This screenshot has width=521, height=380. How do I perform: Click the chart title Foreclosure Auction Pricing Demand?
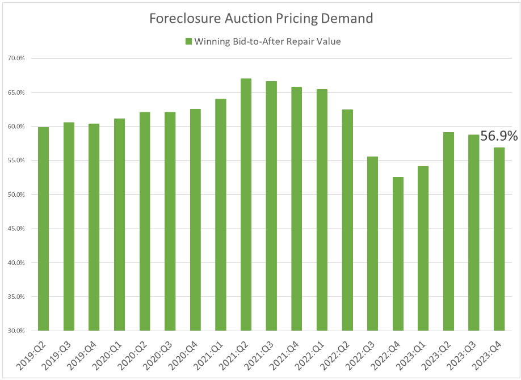(x=260, y=19)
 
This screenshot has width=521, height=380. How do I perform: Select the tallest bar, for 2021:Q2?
(x=246, y=204)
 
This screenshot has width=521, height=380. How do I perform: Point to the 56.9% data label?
(x=499, y=136)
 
